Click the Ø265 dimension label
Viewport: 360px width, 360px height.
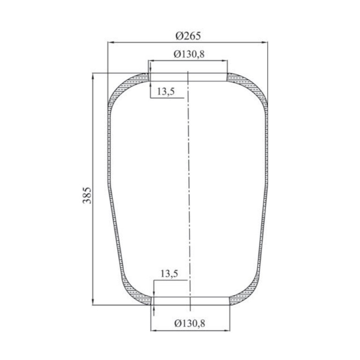click(x=188, y=36)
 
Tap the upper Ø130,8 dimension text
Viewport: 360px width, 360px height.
click(x=189, y=54)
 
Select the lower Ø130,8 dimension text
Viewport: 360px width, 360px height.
click(x=190, y=323)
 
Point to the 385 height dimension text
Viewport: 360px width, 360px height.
click(x=87, y=195)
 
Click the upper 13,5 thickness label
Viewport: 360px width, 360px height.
click(x=166, y=91)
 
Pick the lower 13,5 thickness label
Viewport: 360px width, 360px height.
click(x=169, y=274)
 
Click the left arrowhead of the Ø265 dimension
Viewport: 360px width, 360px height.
click(x=111, y=42)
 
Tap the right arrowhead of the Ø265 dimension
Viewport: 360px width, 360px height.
click(x=264, y=42)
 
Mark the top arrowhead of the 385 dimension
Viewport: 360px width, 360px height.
click(x=93, y=76)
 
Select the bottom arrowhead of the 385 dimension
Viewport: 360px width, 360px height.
click(x=93, y=302)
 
